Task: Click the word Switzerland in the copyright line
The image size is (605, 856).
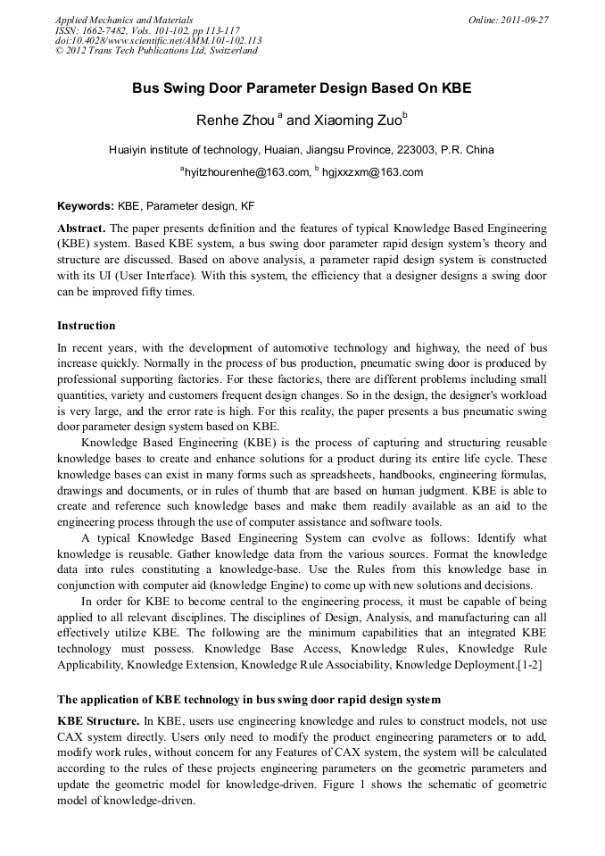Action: tap(230, 51)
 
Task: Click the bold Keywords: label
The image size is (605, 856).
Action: tap(86, 205)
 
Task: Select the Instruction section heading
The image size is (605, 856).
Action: tap(87, 326)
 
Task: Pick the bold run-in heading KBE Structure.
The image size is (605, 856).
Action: tap(97, 720)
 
